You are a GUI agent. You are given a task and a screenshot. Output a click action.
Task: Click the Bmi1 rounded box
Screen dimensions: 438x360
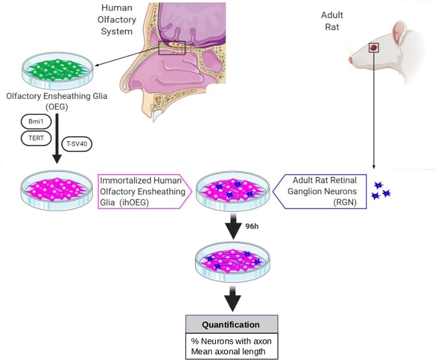point(36,122)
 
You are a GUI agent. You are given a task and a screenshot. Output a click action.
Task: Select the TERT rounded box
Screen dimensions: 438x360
point(36,138)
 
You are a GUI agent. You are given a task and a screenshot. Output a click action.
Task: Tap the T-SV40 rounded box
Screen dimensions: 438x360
point(76,144)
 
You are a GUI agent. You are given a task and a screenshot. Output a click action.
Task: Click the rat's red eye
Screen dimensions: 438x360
point(373,47)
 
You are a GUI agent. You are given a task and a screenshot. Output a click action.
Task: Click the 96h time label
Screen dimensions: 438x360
point(252,226)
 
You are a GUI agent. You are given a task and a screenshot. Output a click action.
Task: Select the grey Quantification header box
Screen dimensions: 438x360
point(232,324)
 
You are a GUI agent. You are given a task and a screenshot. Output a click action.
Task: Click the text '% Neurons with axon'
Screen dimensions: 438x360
point(232,341)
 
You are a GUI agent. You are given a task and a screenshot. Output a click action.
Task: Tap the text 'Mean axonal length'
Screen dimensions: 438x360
point(228,351)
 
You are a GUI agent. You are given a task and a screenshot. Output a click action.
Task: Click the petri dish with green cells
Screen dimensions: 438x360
point(58,71)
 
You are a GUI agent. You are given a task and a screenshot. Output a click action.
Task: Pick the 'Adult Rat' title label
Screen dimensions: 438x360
point(332,21)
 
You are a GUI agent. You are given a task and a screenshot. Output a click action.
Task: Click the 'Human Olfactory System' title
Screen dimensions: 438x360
point(117,19)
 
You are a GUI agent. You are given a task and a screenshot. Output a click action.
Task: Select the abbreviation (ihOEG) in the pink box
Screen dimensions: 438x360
point(134,202)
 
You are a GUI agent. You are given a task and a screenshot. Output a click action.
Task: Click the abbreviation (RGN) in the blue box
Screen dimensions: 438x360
point(345,202)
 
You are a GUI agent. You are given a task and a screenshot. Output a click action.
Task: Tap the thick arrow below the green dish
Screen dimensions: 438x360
point(57,138)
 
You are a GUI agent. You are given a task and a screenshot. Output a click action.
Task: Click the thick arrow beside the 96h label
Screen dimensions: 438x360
point(233,226)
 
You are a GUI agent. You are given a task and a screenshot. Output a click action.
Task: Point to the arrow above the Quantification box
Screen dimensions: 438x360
point(232,299)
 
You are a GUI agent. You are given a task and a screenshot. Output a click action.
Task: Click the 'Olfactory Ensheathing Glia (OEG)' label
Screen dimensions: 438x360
point(57,101)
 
